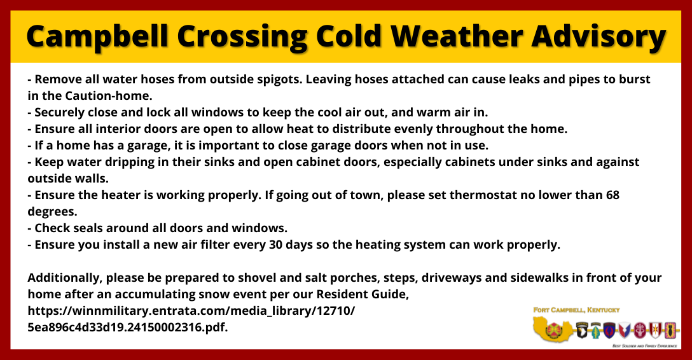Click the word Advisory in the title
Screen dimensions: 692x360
[599, 37]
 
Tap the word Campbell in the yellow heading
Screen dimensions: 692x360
[97, 37]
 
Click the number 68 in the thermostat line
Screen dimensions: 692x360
[612, 195]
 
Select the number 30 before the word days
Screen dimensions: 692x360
[275, 245]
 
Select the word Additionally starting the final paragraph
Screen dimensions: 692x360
[65, 278]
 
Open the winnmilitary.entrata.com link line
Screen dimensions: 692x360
[191, 311]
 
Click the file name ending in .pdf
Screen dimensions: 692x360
[128, 328]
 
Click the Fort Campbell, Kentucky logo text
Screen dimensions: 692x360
[576, 310]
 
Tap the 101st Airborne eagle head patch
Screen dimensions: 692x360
[582, 330]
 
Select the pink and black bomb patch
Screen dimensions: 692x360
[670, 330]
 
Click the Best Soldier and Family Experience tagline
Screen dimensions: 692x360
[645, 346]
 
